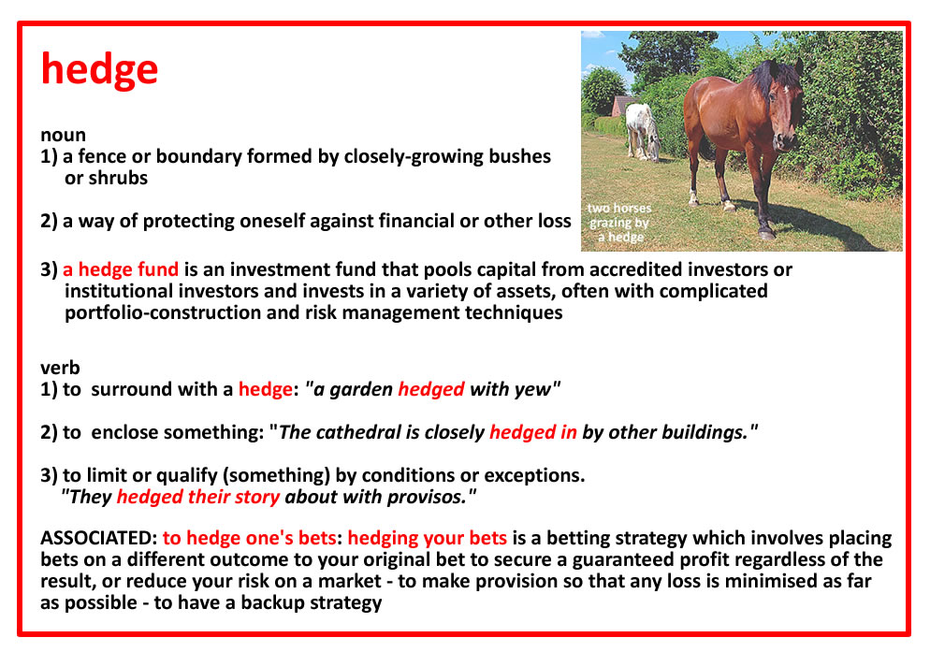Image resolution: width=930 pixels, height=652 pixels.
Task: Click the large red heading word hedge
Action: pos(99,69)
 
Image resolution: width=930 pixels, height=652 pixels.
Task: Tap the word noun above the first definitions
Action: pos(63,136)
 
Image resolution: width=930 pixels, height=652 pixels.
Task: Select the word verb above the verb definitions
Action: pos(60,368)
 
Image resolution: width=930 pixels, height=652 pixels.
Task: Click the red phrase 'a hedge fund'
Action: pos(121,269)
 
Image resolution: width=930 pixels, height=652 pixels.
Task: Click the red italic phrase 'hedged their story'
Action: pos(198,497)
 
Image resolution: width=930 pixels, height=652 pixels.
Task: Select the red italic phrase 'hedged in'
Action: pos(533,432)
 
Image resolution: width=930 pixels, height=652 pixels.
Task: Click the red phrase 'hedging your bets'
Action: pos(427,538)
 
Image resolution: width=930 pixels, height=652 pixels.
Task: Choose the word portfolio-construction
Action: pos(163,312)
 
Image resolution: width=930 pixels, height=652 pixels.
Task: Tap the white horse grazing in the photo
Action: pos(643,132)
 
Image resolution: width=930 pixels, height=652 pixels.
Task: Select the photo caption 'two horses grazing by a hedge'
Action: pos(619,223)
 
